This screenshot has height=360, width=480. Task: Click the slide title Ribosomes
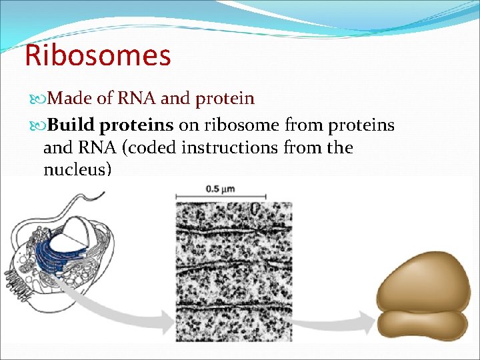[97, 55]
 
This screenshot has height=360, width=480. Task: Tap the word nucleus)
[77, 169]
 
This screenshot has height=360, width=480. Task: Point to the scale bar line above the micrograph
[221, 197]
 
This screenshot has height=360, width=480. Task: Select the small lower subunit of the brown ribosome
[421, 323]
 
